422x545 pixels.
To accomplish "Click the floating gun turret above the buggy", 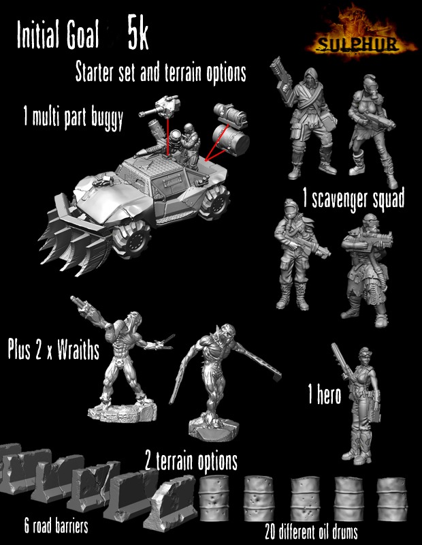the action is (161, 108).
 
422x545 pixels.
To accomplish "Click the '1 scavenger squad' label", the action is (353, 199).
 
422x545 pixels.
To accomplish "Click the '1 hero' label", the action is (325, 395).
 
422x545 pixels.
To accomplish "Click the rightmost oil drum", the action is (392, 499).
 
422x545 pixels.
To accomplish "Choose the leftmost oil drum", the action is (214, 498).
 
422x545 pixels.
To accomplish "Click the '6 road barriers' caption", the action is (56, 526).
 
